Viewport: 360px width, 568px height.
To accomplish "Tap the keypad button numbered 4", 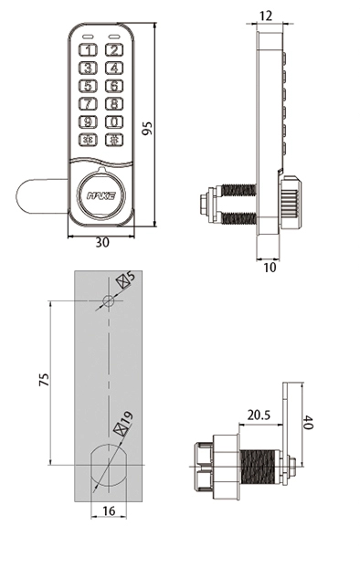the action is [x=114, y=68].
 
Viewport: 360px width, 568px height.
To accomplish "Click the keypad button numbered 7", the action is [x=88, y=104].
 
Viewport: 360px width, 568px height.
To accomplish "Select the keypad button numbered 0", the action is [x=114, y=121].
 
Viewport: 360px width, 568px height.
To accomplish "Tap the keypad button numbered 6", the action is [x=114, y=86].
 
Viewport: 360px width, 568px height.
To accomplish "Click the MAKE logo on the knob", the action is [x=101, y=196].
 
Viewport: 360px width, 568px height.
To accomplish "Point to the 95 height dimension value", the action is [x=147, y=128].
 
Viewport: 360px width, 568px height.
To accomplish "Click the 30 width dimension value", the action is [x=102, y=243].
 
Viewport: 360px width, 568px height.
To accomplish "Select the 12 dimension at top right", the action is [x=266, y=16].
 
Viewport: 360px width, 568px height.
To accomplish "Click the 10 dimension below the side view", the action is [x=270, y=268].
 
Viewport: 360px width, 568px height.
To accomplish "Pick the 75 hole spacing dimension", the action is [x=44, y=379].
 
